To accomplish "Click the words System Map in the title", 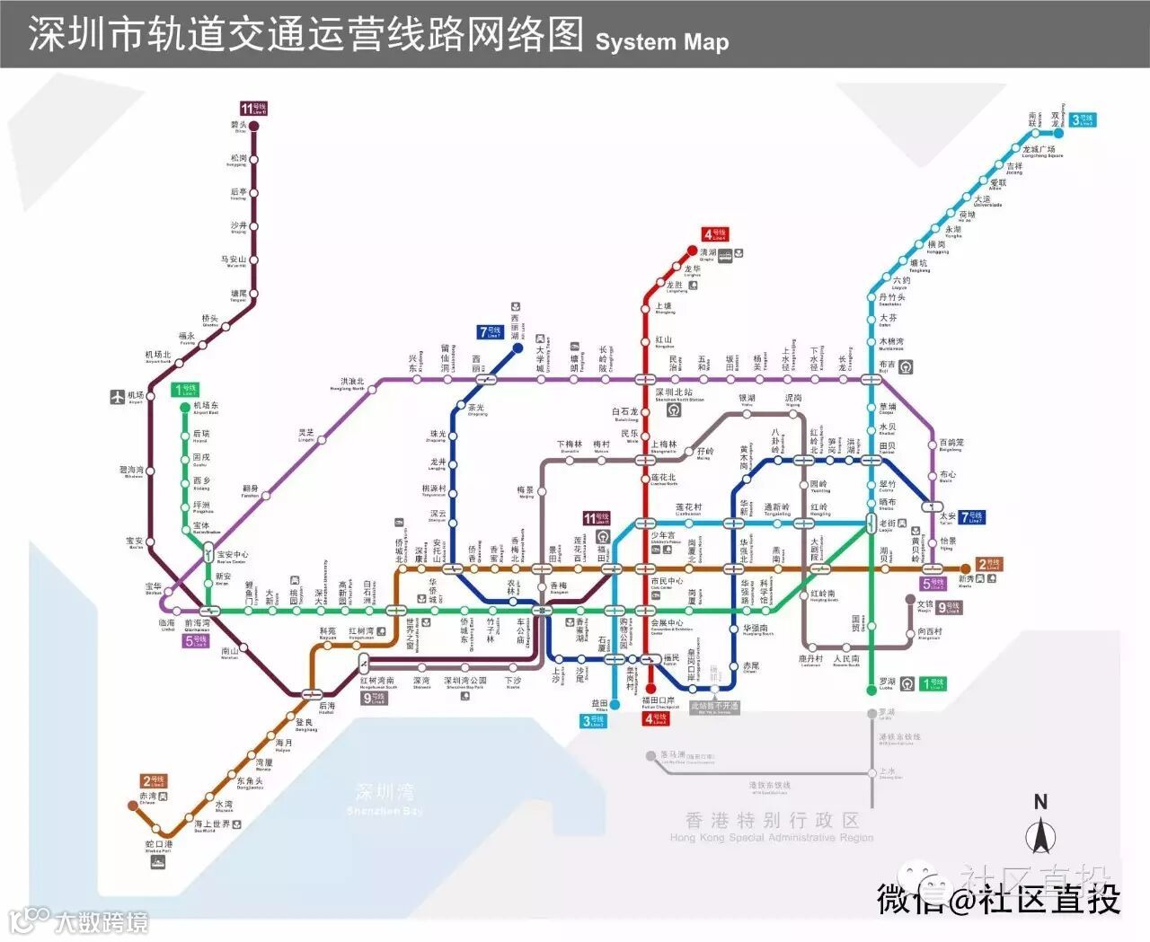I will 661,41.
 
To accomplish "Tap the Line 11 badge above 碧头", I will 253,109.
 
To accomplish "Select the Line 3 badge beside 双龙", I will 1083,119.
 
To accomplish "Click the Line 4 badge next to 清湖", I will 715,234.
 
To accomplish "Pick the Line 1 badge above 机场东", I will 186,391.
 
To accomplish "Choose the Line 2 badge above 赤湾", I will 154,781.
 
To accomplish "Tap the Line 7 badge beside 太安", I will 971,516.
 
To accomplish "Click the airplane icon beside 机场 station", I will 117,396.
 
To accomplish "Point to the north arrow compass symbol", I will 1040,830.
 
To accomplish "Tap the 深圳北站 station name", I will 674,392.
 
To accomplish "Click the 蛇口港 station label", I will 159,845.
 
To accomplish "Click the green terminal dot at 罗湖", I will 871,690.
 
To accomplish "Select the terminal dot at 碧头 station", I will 253,127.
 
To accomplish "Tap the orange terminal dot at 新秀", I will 966,568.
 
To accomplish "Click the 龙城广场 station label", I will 1041,150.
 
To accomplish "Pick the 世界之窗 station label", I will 411,634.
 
